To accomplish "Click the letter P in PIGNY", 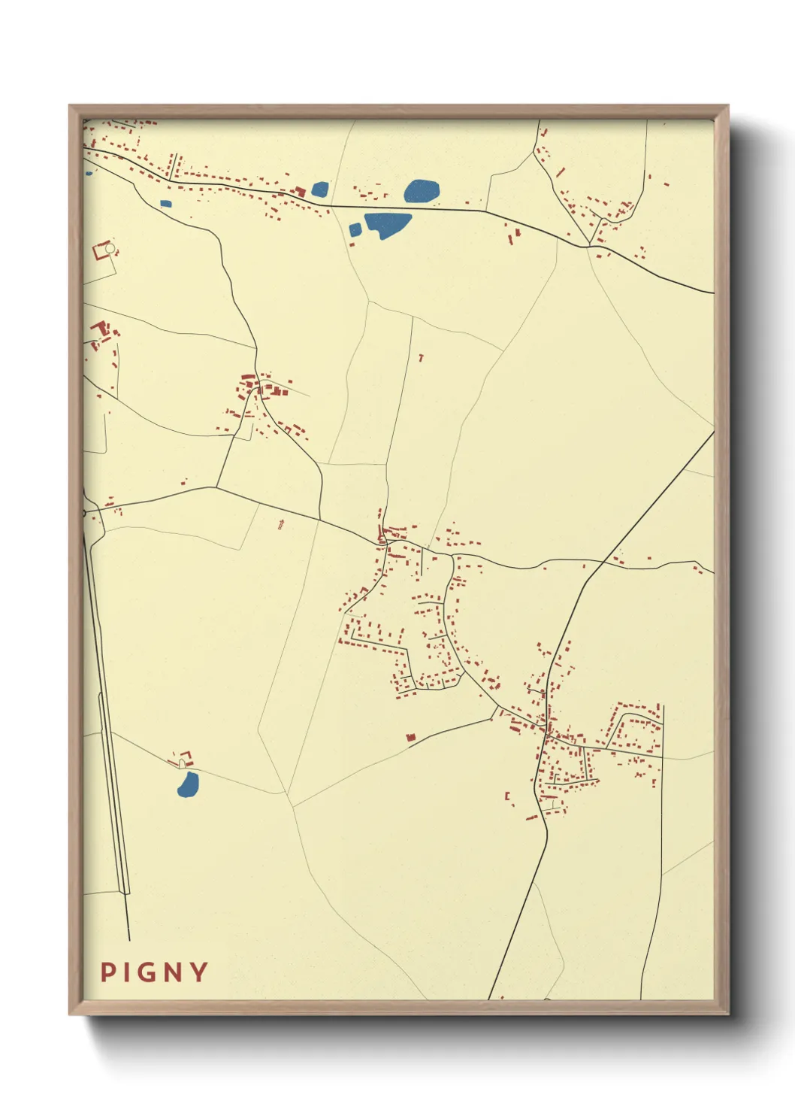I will (x=107, y=972).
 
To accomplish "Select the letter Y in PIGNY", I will (x=199, y=972).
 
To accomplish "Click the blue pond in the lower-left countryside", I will (x=188, y=784).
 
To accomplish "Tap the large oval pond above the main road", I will (x=422, y=191).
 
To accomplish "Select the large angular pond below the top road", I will (x=388, y=224).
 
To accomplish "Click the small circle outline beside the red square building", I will (x=110, y=247).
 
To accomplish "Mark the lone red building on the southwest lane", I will (x=411, y=738).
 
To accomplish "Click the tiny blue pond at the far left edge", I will (x=89, y=173).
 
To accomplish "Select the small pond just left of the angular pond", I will (x=355, y=229).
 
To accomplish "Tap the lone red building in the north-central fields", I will (x=421, y=358).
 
